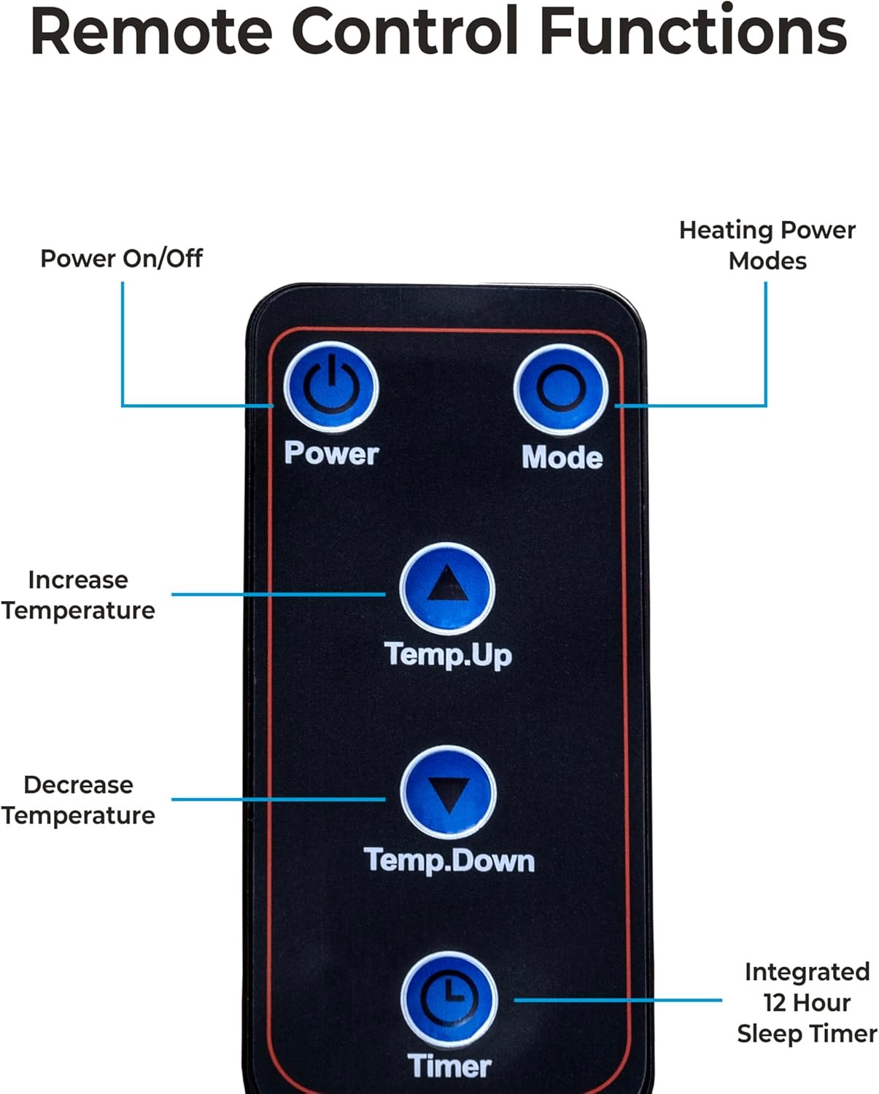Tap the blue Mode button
tap(560, 389)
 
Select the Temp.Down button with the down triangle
tap(448, 793)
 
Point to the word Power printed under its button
tap(331, 453)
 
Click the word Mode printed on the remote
tap(562, 457)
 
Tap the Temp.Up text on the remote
tap(448, 654)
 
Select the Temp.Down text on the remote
tap(449, 861)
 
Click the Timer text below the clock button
tap(449, 1066)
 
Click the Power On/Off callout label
tap(121, 258)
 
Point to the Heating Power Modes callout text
tap(767, 245)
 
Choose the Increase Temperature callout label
tap(78, 595)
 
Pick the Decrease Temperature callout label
tap(78, 800)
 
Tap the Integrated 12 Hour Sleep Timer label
tap(807, 1002)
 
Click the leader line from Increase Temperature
tap(277, 594)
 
